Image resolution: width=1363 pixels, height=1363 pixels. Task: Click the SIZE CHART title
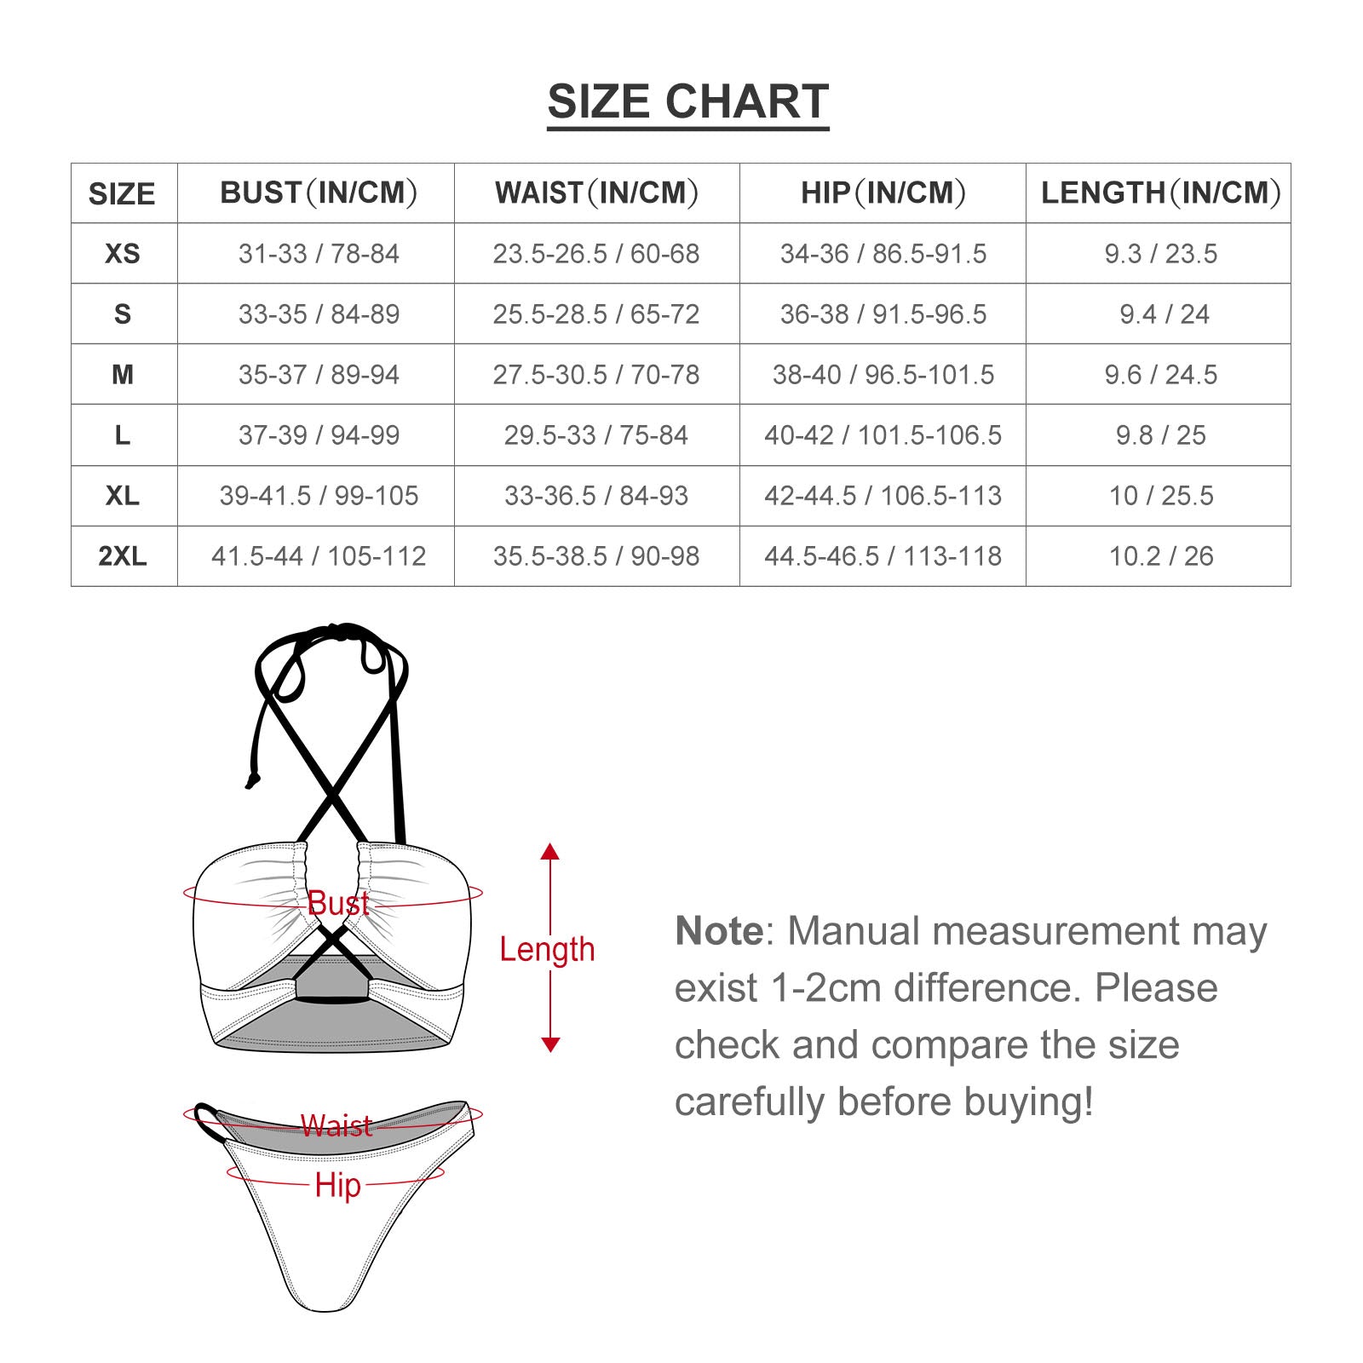point(687,102)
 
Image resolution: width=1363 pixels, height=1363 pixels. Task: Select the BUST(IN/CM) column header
point(319,193)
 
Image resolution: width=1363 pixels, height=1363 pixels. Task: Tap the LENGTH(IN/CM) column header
point(1160,193)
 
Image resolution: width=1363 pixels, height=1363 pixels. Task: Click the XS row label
point(123,254)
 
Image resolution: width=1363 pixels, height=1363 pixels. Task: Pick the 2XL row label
point(123,556)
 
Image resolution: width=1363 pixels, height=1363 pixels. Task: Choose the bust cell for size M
point(319,375)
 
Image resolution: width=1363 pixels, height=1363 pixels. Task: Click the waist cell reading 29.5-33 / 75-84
point(595,435)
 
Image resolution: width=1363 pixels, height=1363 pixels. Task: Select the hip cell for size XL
point(883,496)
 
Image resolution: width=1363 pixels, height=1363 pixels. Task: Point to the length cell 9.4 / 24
point(1164,314)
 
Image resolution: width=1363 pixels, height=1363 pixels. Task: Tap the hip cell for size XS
point(883,254)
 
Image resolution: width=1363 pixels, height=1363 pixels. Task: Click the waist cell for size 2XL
point(595,556)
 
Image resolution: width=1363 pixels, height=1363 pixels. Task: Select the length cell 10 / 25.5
point(1160,496)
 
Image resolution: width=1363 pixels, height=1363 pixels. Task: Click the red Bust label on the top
point(338,904)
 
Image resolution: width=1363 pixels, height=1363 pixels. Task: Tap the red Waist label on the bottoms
point(336,1126)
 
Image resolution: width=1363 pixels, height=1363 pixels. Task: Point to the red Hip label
point(337,1185)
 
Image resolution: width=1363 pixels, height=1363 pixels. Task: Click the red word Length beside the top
point(547,949)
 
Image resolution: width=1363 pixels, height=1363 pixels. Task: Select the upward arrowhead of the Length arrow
point(550,851)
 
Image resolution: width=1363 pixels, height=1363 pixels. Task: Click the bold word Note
point(719,931)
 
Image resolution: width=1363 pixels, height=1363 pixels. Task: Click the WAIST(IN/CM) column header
point(595,193)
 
